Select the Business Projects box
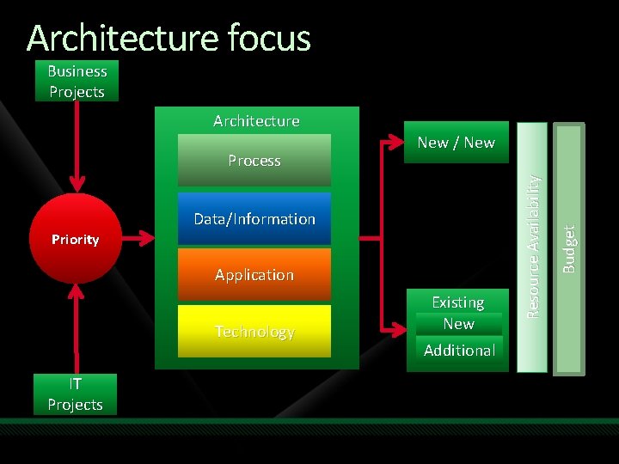[x=77, y=82]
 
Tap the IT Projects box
[x=75, y=394]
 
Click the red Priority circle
[x=76, y=239]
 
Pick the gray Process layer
[x=254, y=161]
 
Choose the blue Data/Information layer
[x=254, y=219]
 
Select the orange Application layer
[x=254, y=275]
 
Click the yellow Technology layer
[x=254, y=332]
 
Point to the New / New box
[x=456, y=143]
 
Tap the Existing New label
[x=458, y=314]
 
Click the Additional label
[x=459, y=351]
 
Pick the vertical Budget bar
[x=568, y=249]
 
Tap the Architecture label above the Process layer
[x=256, y=121]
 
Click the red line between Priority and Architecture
[x=139, y=239]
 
